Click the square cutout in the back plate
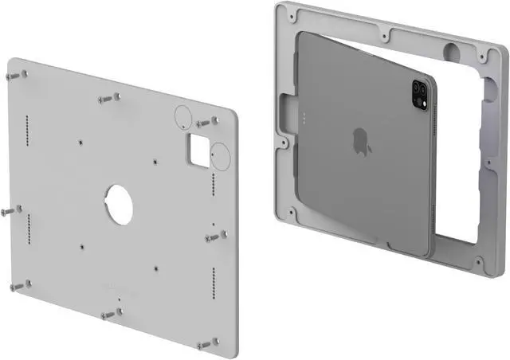click(198, 147)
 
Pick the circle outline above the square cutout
click(182, 115)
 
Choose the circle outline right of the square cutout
click(222, 158)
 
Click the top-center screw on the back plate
click(109, 98)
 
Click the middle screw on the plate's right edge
click(215, 237)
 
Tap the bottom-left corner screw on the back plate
click(18, 284)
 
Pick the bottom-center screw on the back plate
click(110, 315)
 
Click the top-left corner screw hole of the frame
click(294, 14)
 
